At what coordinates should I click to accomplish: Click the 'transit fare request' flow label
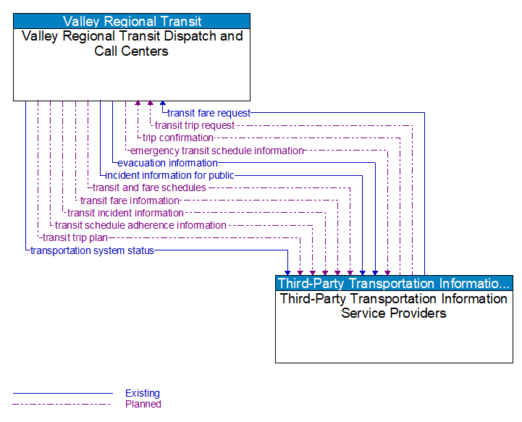[x=209, y=113]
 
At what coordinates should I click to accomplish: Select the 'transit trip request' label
[x=195, y=125]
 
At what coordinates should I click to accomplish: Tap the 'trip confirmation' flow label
[x=177, y=138]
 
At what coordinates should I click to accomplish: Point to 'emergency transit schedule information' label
[x=216, y=151]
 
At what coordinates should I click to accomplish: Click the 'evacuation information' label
[x=167, y=163]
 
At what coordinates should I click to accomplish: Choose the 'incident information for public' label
[x=169, y=175]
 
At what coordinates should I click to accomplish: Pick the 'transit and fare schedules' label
[x=149, y=187]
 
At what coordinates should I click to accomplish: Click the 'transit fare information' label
[x=129, y=201]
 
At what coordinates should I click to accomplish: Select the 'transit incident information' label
[x=125, y=213]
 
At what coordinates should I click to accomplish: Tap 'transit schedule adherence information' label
[x=140, y=225]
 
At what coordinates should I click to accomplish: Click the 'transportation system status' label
[x=92, y=250]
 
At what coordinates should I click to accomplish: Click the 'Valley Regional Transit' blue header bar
[x=132, y=21]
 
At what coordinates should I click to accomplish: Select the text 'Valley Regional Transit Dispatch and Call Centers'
[x=132, y=43]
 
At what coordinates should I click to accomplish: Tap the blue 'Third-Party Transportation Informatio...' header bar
[x=394, y=283]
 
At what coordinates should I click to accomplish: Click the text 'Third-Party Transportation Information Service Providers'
[x=394, y=306]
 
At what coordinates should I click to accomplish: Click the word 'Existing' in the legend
[x=143, y=394]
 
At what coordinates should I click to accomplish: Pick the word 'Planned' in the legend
[x=143, y=404]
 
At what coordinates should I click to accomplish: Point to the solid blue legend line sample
[x=63, y=394]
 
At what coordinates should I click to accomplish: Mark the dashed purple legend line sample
[x=63, y=404]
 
